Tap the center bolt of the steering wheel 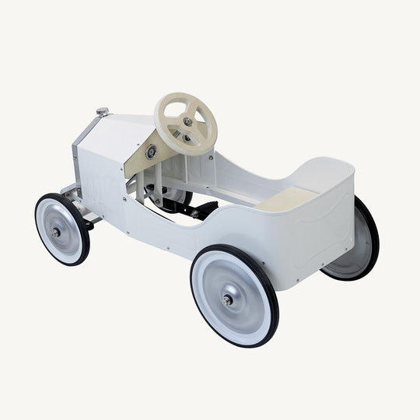[x=187, y=121]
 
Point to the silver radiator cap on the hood [x=102, y=113]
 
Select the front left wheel [x=62, y=229]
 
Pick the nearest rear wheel [x=234, y=296]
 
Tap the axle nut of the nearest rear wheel [x=228, y=300]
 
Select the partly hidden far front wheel [x=175, y=194]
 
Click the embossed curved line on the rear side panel [x=315, y=226]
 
